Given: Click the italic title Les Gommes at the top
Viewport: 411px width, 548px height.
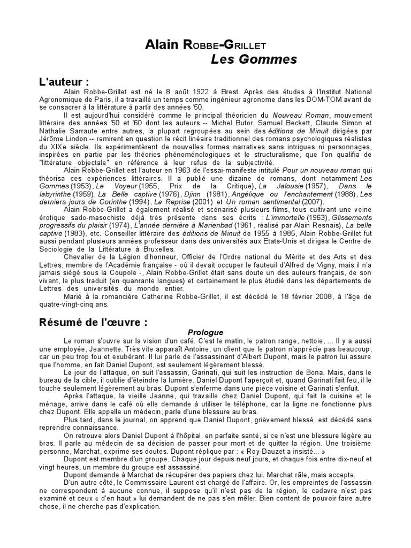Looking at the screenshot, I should click(254, 60).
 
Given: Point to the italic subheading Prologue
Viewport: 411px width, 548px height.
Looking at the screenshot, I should click(205, 332).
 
